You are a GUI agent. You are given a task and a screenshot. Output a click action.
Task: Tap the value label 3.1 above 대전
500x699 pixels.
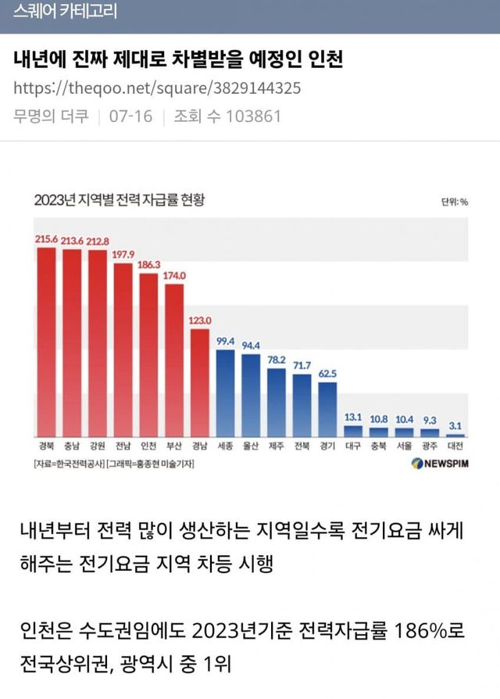(x=455, y=425)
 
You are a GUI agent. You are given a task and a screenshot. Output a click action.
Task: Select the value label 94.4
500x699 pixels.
(x=251, y=345)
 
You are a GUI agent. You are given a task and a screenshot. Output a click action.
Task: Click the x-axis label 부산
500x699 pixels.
(x=175, y=446)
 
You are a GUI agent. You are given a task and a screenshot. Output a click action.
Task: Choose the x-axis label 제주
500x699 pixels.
(x=276, y=446)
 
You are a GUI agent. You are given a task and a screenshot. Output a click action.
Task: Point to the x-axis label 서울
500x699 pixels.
(x=404, y=446)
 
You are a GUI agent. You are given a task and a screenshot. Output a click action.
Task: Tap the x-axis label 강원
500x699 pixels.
(x=98, y=446)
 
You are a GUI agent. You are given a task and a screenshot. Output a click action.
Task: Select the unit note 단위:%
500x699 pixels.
(x=454, y=202)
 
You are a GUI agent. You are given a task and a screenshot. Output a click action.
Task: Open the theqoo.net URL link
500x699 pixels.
(x=157, y=88)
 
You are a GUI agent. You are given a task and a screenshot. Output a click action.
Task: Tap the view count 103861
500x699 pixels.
(x=252, y=116)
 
